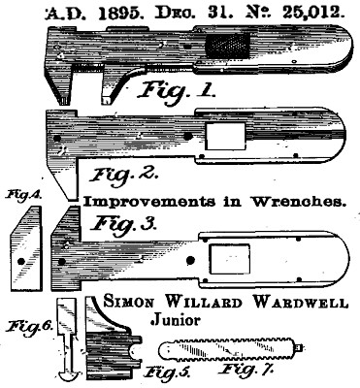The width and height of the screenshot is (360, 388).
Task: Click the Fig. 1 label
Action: point(176,91)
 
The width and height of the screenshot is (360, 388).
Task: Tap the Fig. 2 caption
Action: point(123,176)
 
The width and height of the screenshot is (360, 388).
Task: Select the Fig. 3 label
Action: point(124,224)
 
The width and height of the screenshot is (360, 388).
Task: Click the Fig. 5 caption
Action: point(167,372)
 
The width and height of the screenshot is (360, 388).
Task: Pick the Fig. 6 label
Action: point(30,326)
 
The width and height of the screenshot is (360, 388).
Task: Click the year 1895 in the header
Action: point(119,14)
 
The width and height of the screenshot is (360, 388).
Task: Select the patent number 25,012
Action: point(311,14)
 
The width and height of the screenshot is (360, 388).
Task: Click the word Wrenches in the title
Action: point(297,202)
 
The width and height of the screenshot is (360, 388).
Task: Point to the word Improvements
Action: point(149,203)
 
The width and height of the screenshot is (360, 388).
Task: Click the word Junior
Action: point(176,319)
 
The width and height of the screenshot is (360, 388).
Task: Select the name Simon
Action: point(129,303)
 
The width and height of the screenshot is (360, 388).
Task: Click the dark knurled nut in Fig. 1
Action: point(228,46)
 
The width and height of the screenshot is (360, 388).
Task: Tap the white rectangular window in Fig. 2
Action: point(225,136)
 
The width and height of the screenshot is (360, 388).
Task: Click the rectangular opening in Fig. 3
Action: point(229,259)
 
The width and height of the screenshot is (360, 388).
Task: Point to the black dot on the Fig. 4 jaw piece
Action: point(21,261)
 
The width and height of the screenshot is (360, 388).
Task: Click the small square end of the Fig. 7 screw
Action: point(300,348)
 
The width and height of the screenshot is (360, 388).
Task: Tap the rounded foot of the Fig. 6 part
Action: point(70,375)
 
